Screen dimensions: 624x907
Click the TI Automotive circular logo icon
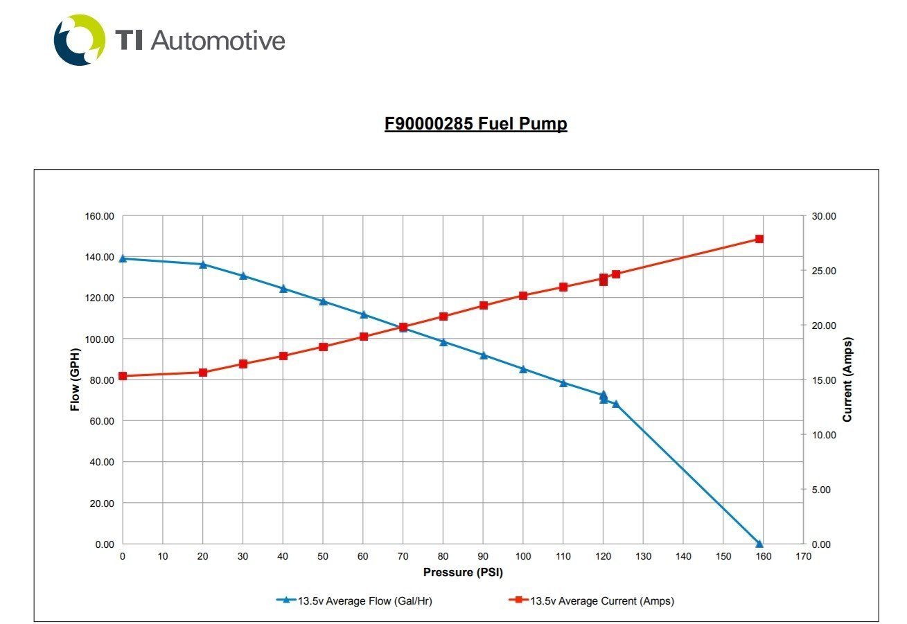79,40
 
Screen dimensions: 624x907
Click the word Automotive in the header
218,40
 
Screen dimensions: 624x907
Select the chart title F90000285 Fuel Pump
475,124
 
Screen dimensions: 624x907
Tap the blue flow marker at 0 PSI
123,258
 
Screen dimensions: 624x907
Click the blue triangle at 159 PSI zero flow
759,544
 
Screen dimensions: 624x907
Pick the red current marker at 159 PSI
759,239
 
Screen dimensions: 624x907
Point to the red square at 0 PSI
123,376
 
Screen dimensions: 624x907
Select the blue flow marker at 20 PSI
203,264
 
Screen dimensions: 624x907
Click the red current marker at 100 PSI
523,296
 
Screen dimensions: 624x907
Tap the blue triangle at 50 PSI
323,301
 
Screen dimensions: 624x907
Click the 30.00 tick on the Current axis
825,216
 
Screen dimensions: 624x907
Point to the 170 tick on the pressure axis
803,557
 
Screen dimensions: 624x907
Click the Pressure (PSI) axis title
463,573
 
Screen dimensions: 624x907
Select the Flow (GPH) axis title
76,380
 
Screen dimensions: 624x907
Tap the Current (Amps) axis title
847,380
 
